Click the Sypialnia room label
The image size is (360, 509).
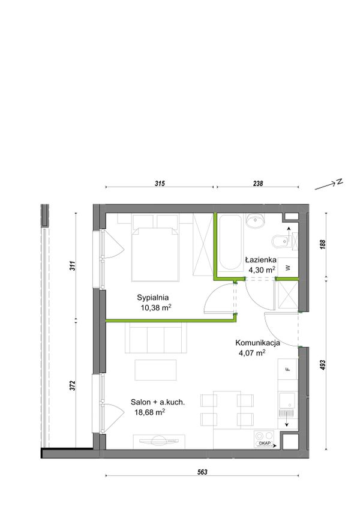[x=152, y=297]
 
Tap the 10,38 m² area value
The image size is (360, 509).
[x=156, y=307]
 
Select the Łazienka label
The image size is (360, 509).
[x=260, y=260]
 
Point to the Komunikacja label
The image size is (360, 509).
[x=258, y=343]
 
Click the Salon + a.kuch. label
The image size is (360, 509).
[x=158, y=402]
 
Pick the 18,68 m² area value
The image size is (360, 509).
[x=149, y=412]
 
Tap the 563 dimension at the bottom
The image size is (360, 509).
[x=202, y=472]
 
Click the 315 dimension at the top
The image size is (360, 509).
[x=160, y=184]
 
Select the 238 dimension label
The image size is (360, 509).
[x=258, y=184]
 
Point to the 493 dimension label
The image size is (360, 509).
[x=322, y=365]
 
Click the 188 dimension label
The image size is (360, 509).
[x=322, y=244]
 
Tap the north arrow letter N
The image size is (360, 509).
[x=340, y=182]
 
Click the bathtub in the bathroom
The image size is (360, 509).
[x=230, y=242]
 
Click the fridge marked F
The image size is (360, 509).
[x=287, y=369]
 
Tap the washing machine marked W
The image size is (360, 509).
[x=288, y=268]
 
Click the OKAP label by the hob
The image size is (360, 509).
[x=265, y=444]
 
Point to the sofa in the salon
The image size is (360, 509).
[x=156, y=337]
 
